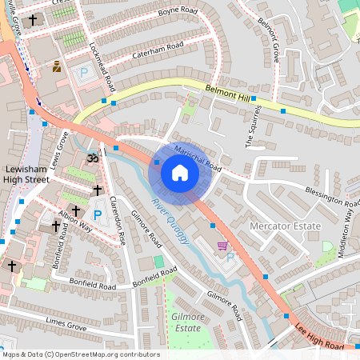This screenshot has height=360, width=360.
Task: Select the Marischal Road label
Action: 198,157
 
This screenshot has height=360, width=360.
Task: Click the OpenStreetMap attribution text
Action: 81,354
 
